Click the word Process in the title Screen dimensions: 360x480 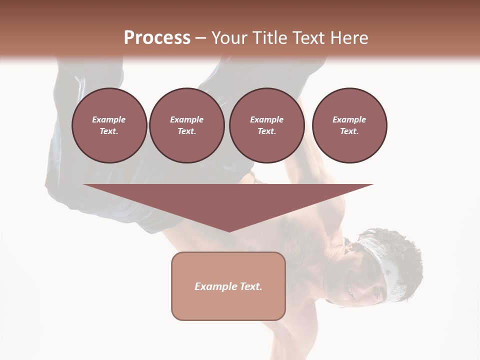tap(157, 38)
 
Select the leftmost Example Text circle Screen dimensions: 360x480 tap(109, 125)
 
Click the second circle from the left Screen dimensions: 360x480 tap(186, 125)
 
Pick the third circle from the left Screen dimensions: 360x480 tap(266, 125)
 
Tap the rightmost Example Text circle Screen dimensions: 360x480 tap(349, 125)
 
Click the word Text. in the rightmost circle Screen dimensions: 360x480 tap(349, 131)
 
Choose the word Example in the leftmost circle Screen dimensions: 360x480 tap(109, 119)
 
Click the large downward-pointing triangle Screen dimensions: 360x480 tap(228, 200)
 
